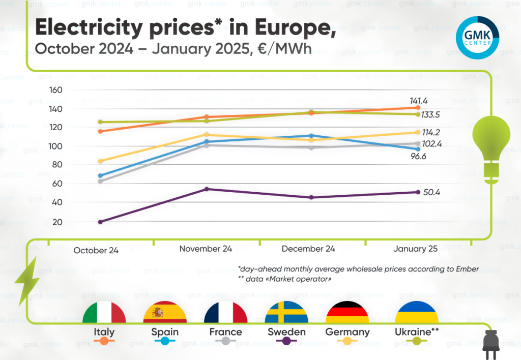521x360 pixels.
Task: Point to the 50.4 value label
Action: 426,193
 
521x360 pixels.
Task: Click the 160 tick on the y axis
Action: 55,90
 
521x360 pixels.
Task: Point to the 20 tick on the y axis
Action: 57,222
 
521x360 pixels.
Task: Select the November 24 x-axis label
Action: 206,249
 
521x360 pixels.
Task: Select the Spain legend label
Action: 165,332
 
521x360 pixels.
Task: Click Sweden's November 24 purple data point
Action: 206,189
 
